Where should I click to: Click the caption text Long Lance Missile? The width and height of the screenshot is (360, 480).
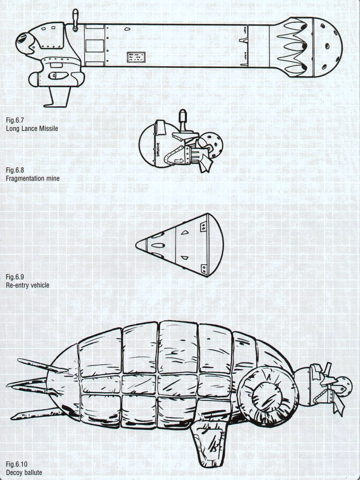tap(32, 129)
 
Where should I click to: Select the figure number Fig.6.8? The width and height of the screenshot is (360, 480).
tap(15, 170)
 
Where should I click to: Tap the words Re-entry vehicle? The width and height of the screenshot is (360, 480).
tap(27, 285)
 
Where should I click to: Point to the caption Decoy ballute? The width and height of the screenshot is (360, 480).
tap(24, 472)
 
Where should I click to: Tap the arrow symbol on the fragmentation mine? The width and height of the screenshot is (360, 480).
tap(177, 161)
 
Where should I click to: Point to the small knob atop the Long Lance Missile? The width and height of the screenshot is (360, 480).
tap(75, 19)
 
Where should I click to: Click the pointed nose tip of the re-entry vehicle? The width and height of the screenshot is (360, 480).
tap(138, 244)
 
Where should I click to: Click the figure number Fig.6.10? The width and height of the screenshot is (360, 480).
tap(16, 464)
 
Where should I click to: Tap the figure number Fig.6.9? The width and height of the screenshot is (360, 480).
tap(15, 277)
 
